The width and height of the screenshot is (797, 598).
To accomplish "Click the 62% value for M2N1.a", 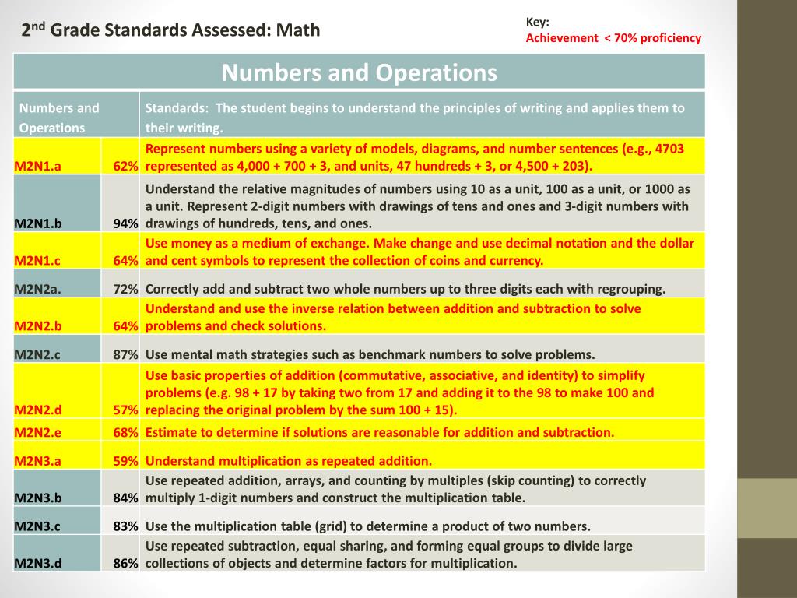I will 125,166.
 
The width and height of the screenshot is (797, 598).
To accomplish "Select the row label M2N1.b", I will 38,223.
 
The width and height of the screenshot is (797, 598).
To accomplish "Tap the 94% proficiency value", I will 125,223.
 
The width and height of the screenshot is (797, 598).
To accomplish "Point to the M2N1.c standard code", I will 37,261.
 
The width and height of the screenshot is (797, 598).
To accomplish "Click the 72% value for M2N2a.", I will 125,289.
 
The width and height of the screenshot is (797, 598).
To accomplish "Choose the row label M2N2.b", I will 38,326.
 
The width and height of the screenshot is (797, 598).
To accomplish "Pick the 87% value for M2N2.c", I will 125,354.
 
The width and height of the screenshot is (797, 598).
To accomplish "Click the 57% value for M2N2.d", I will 125,410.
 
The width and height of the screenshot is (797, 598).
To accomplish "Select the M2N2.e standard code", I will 37,432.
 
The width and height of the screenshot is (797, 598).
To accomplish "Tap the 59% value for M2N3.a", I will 125,460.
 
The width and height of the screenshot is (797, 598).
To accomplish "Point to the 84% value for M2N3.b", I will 125,498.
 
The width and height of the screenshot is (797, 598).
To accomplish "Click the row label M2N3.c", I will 37,526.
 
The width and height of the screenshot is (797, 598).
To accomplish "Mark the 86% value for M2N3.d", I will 125,563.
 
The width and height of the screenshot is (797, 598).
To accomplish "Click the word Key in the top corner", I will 537,23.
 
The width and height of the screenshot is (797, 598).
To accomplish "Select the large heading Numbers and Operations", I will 359,73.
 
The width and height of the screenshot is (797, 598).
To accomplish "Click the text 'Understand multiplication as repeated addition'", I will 288,460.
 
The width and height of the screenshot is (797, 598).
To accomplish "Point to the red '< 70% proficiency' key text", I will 652,38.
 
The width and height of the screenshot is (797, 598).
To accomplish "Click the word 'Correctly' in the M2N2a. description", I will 172,289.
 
